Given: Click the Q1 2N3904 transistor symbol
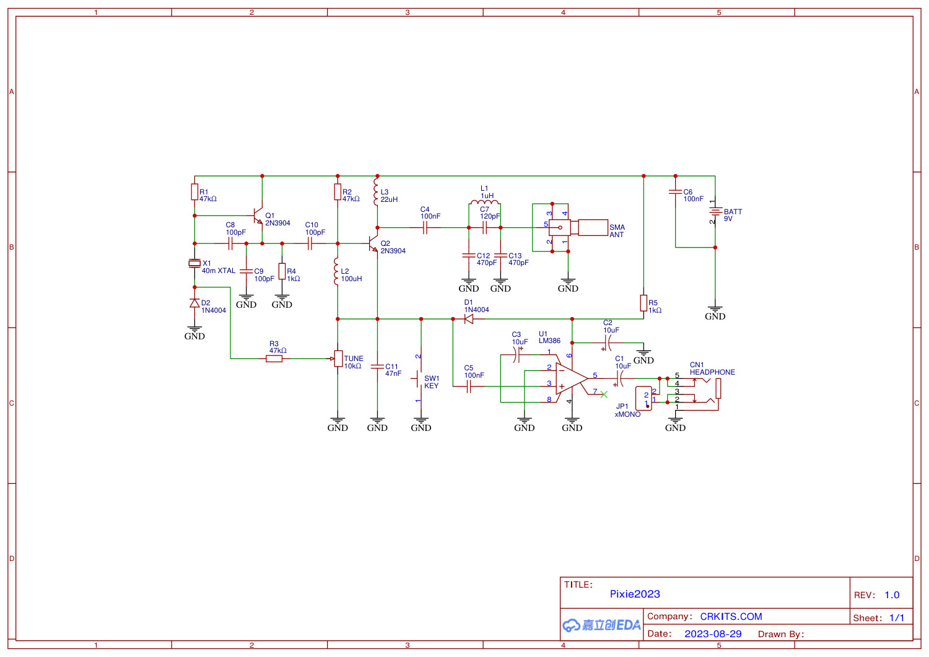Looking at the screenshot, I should pos(258,216).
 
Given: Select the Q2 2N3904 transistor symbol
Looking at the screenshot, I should pos(373,243).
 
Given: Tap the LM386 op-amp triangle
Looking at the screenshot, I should pos(570,378).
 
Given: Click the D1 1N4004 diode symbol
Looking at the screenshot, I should pos(469,319).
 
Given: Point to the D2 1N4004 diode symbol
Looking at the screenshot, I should pos(194,303).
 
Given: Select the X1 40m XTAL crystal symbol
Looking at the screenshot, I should pos(194,263).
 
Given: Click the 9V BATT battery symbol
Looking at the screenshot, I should pos(715,212).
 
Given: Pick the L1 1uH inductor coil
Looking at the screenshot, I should pos(484,202).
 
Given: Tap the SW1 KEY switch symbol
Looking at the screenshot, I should pos(419,378).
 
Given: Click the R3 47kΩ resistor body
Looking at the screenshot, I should pos(274,359).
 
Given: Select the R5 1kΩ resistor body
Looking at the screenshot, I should pos(643,303).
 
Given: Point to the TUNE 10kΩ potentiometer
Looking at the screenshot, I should pos(338,359).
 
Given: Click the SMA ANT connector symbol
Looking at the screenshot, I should pos(576,228).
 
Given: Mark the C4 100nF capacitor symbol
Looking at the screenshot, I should pos(425,228).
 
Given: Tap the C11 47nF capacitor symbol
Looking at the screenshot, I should pos(377,367).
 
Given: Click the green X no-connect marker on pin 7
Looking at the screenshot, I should pos(604,394).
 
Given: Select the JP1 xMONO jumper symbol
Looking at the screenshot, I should pos(644,399).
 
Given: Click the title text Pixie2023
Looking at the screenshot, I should pos(635,594).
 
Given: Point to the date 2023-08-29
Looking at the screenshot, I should pos(713,634).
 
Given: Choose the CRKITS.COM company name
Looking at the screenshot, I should pos(731,617).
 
